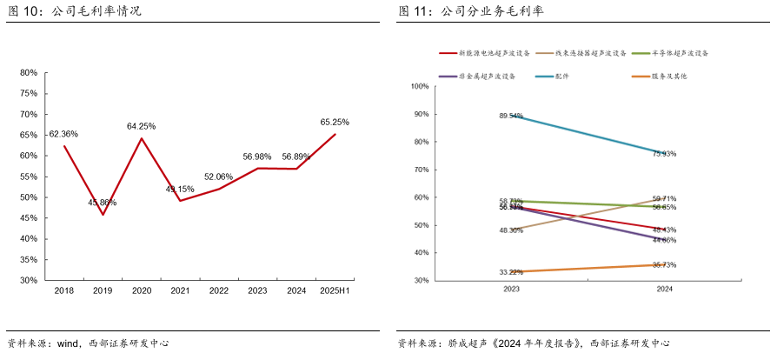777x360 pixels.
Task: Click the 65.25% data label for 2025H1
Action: point(335,123)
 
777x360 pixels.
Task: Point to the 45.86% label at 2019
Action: point(102,203)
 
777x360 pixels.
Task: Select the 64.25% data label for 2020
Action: point(141,126)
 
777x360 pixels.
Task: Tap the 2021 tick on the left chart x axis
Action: point(179,290)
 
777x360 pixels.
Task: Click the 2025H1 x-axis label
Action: point(334,290)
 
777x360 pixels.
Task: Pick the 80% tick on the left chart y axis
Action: point(28,73)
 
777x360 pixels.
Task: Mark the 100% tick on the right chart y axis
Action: point(419,86)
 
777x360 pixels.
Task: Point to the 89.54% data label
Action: point(510,116)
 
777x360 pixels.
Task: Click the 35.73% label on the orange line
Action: point(663,265)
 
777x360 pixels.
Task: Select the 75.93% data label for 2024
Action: point(663,154)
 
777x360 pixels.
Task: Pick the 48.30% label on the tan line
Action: point(510,230)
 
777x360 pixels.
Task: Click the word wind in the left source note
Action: point(68,343)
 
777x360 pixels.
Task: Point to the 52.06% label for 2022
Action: point(218,177)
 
